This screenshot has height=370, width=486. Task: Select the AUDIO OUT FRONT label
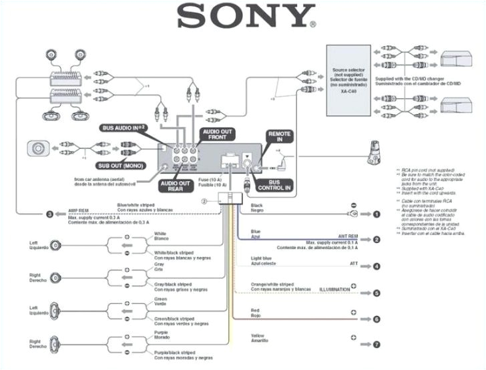pyautogui.click(x=218, y=136)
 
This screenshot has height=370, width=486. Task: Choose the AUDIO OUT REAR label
pyautogui.click(x=175, y=186)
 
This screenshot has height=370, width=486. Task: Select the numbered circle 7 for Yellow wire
pyautogui.click(x=377, y=345)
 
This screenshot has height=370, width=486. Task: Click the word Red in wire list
pyautogui.click(x=254, y=311)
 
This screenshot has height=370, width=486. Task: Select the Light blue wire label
pyautogui.click(x=261, y=258)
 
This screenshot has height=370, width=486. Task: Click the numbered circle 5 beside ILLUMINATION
pyautogui.click(x=377, y=293)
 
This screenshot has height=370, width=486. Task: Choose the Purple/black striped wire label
pyautogui.click(x=174, y=351)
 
